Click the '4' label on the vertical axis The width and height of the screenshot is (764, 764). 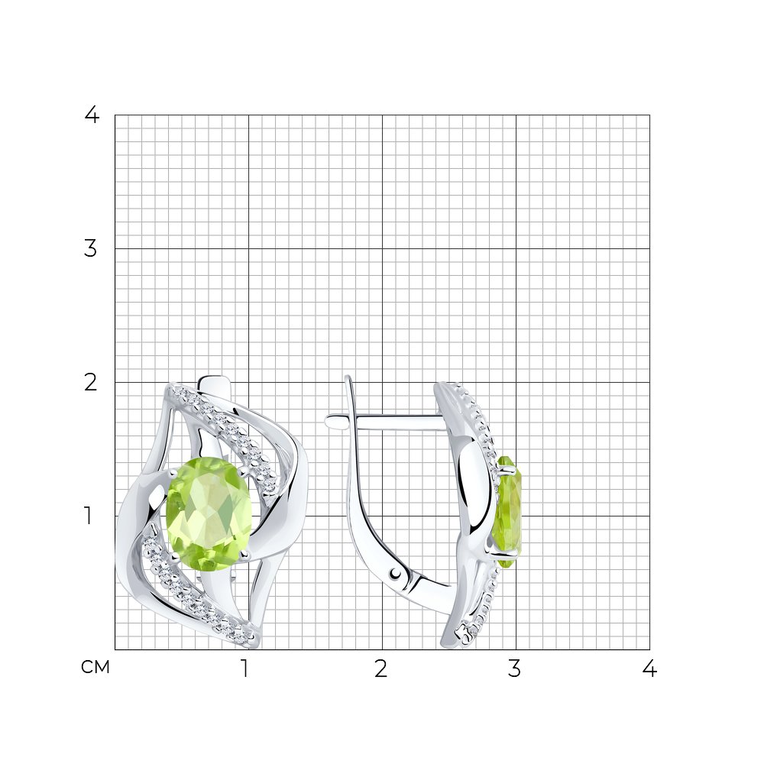(x=92, y=115)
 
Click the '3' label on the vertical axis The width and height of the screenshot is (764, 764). (x=91, y=248)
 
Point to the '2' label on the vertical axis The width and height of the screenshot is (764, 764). (x=91, y=383)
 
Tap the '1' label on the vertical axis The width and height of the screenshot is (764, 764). (x=88, y=516)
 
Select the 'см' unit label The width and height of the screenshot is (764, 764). (x=95, y=667)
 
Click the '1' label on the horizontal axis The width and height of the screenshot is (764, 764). (x=245, y=668)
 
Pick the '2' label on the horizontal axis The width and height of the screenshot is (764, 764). (x=381, y=668)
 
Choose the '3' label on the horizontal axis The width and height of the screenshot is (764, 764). (x=514, y=668)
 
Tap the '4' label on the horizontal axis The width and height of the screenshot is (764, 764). (x=649, y=668)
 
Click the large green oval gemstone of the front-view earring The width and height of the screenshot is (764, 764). (x=209, y=513)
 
